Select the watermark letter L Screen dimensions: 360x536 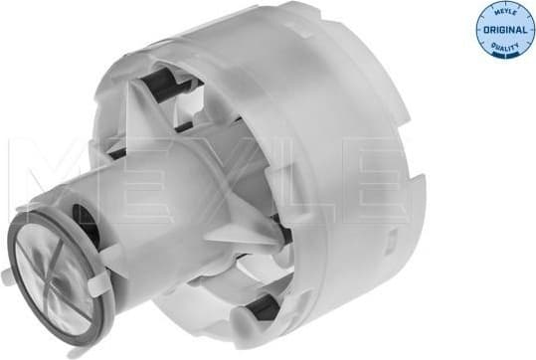[288, 169]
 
